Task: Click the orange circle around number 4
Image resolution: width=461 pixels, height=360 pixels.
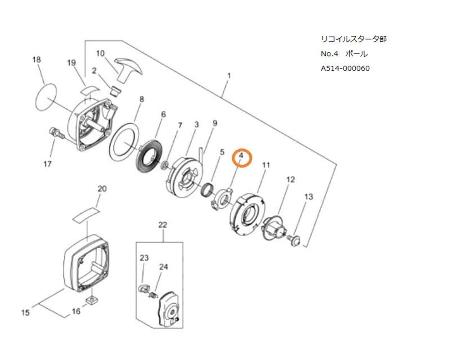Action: pos(242,158)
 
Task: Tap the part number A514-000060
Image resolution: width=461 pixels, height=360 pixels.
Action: pos(345,68)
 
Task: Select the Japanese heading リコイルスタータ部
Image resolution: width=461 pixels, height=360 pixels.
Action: pos(353,39)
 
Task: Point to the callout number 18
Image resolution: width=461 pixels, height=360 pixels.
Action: pos(37,59)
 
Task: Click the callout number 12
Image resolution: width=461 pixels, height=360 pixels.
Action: pos(290,179)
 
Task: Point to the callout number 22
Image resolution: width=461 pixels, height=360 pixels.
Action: pos(163,225)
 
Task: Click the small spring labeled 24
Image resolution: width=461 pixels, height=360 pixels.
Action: pos(153,294)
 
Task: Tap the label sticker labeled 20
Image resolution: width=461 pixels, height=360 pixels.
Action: pos(85,214)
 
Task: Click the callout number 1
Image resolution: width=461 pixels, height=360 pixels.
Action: pos(229,76)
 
